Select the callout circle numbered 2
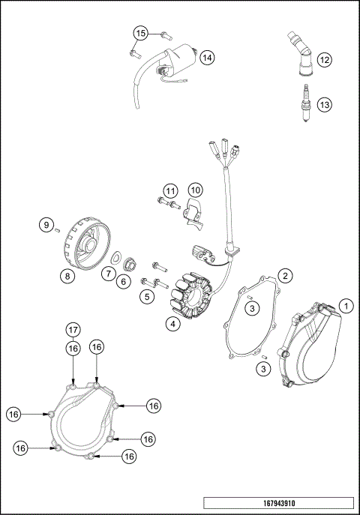(285, 276)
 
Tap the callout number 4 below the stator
(172, 324)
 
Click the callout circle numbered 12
(323, 58)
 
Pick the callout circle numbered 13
(323, 105)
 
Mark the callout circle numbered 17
(73, 329)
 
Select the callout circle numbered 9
(46, 224)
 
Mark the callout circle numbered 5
(147, 298)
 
